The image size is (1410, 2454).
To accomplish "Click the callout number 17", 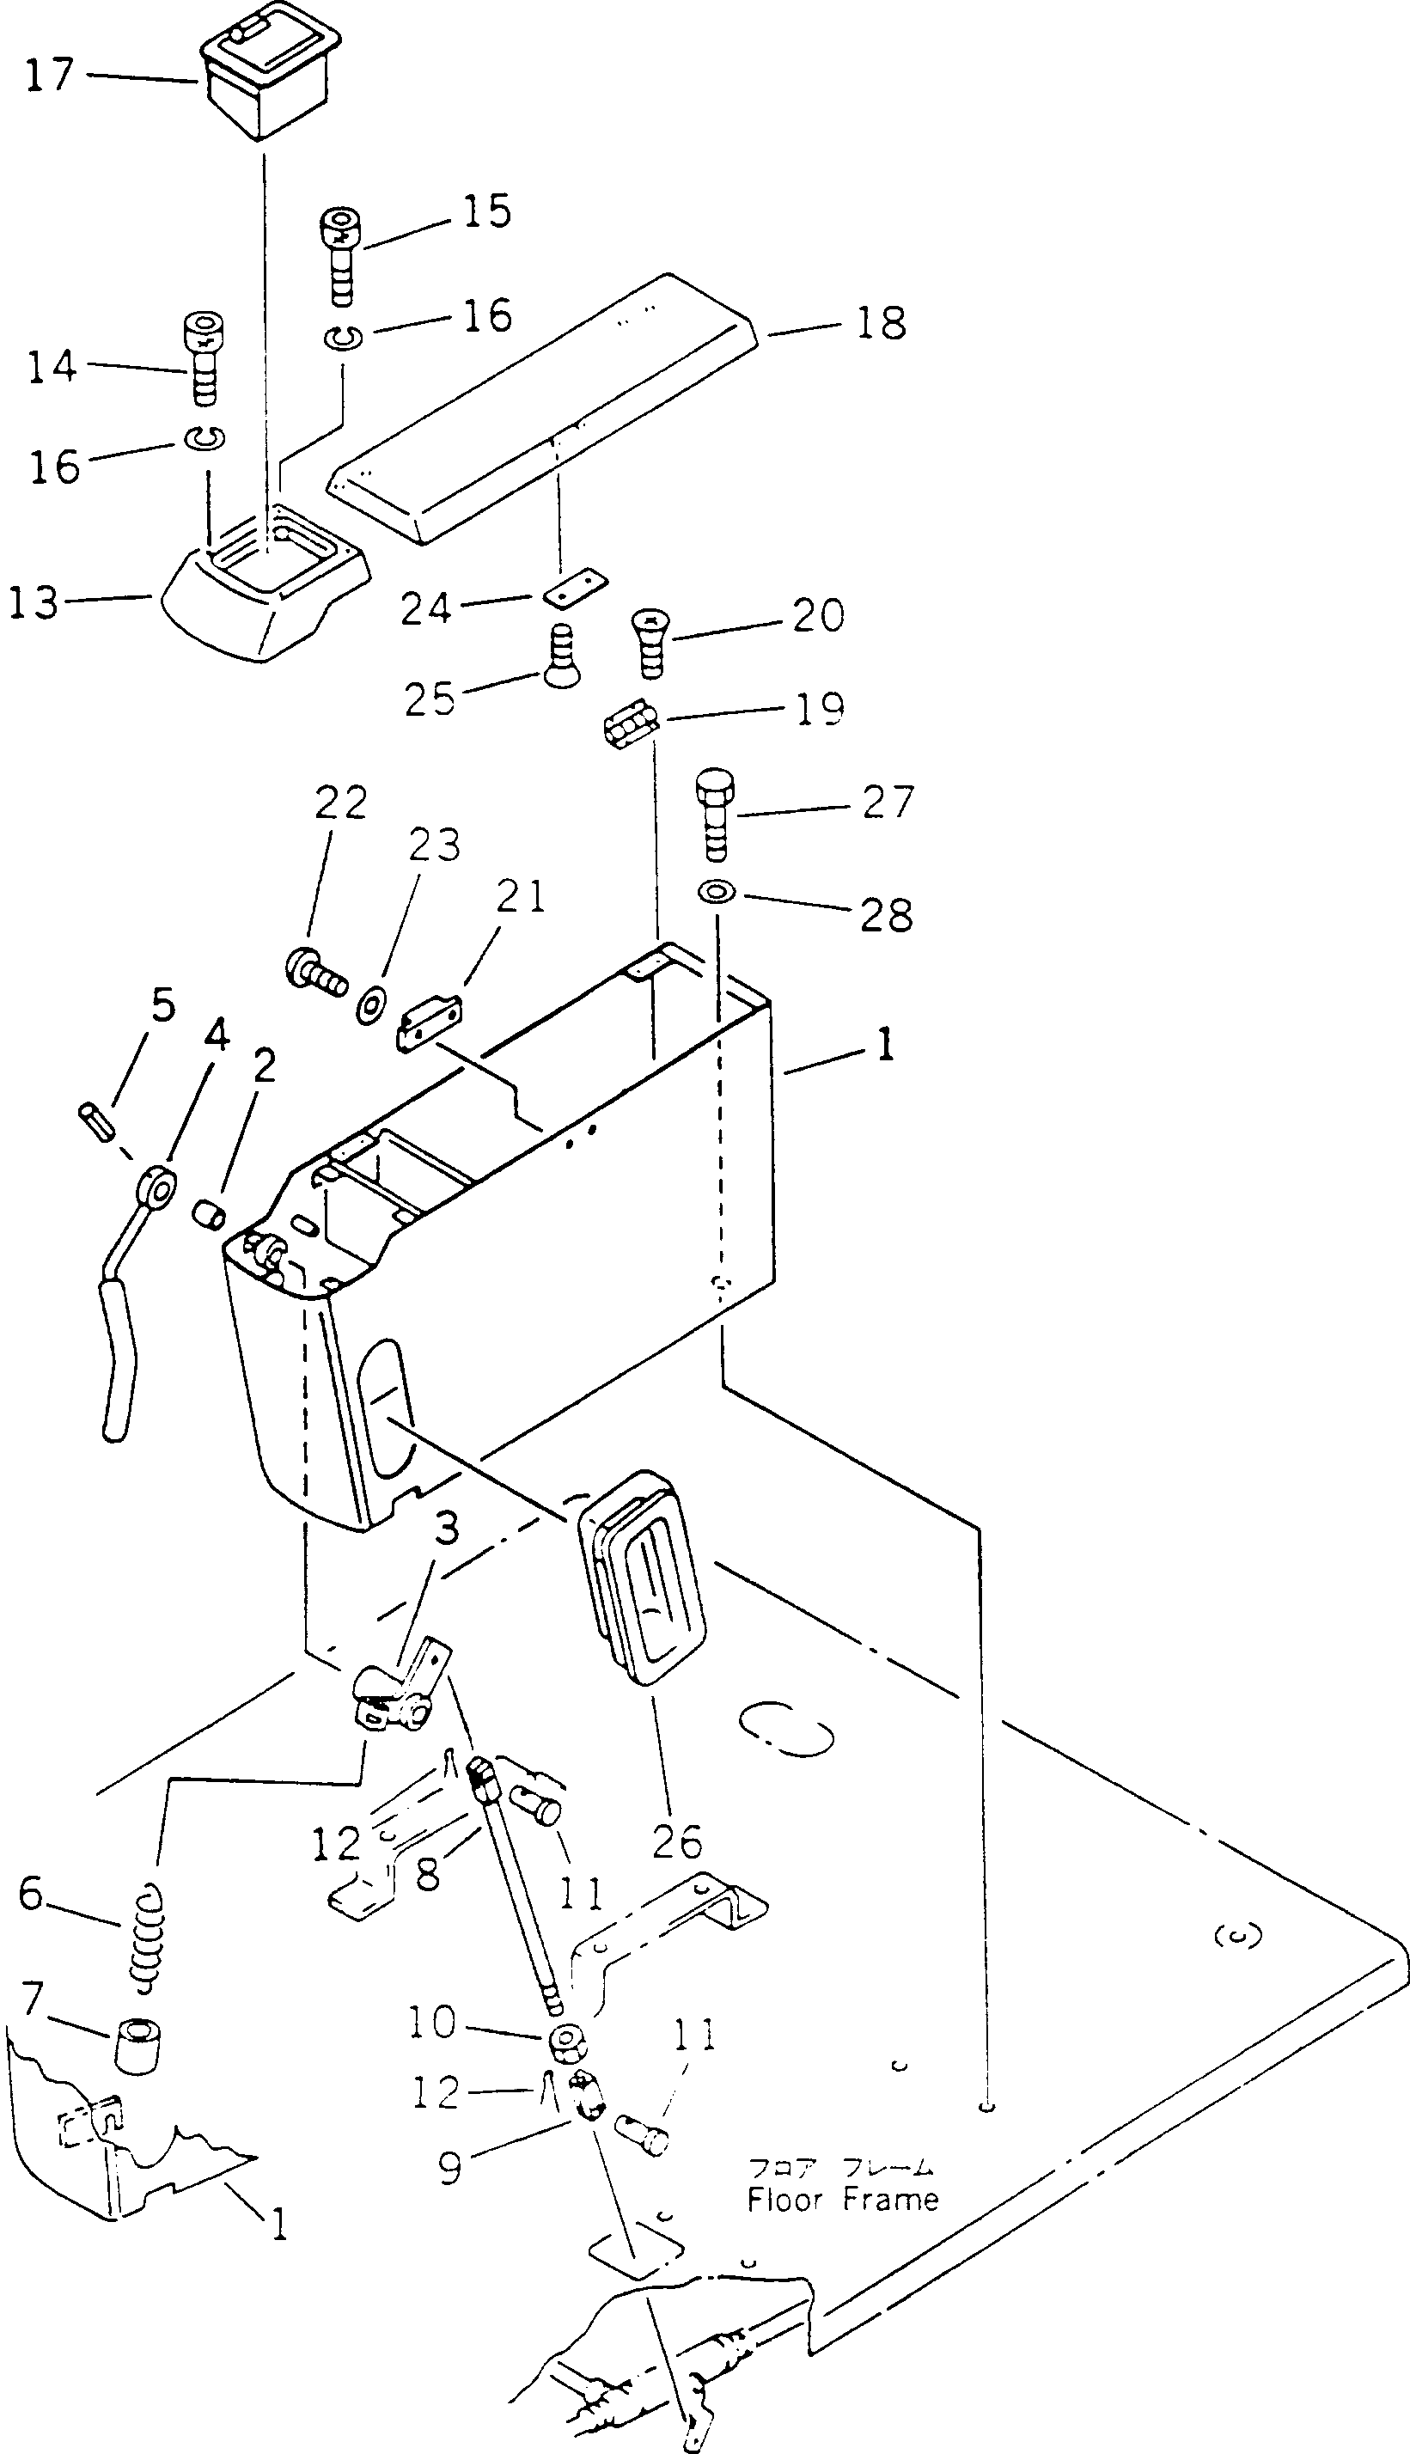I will pyautogui.click(x=48, y=76).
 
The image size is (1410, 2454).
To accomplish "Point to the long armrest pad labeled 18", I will pyautogui.click(x=542, y=406).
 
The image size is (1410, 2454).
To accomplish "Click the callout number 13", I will pyautogui.click(x=33, y=603).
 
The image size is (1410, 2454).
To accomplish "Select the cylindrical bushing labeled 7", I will pyautogui.click(x=138, y=2045).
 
